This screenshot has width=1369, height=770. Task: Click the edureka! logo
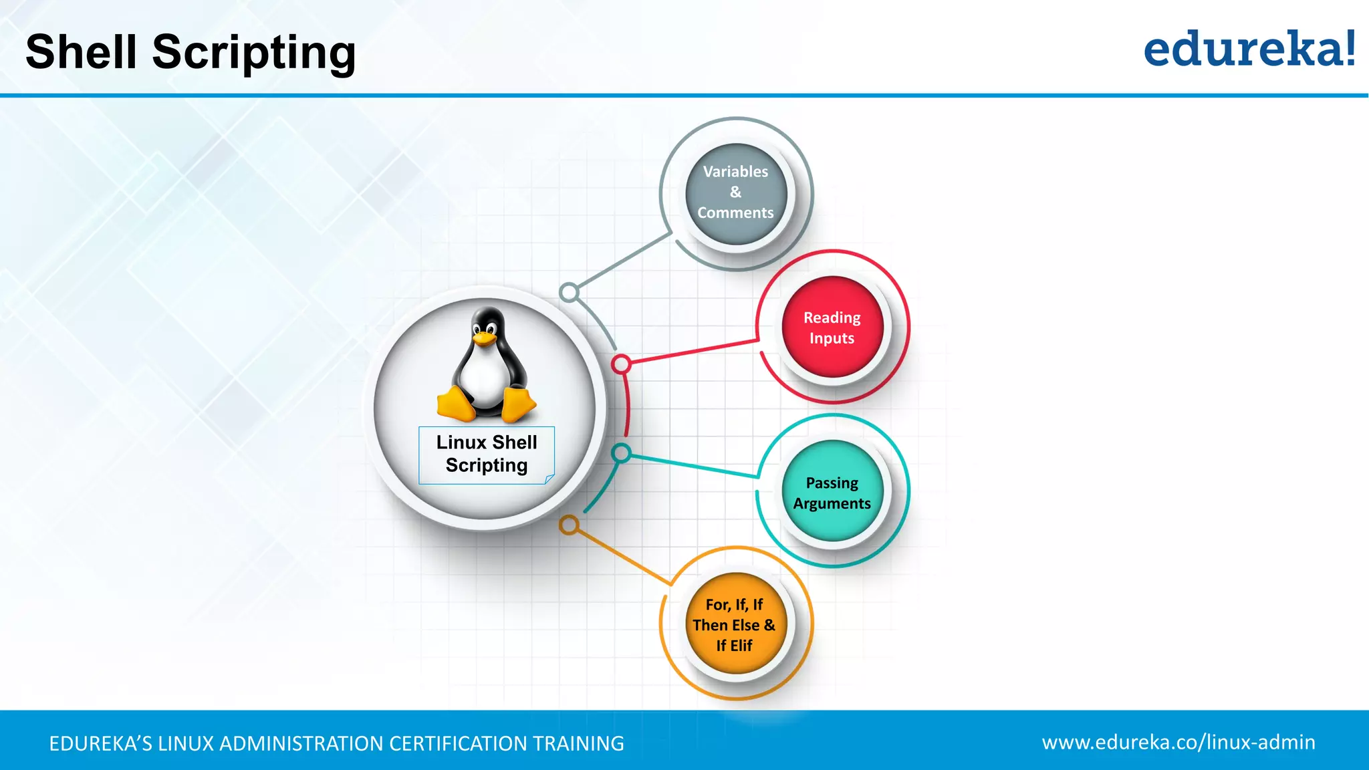click(x=1249, y=49)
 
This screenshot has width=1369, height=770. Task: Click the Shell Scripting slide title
click(x=191, y=52)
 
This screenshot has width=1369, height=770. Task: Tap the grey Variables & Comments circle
click(x=736, y=193)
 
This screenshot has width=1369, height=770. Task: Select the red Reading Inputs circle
click(x=832, y=327)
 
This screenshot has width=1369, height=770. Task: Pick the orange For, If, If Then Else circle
click(x=735, y=624)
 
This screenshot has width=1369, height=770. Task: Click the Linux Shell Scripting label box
click(x=487, y=455)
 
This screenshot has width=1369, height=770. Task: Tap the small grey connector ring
click(x=569, y=292)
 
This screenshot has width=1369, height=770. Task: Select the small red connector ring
click(x=621, y=364)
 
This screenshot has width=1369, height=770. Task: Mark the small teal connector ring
click(x=621, y=453)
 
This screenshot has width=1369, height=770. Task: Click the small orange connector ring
click(x=569, y=525)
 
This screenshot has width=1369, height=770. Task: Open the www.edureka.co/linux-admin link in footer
click(x=1178, y=742)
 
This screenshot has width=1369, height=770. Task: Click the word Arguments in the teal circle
click(x=832, y=503)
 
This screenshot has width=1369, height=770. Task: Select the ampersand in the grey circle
click(x=736, y=192)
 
